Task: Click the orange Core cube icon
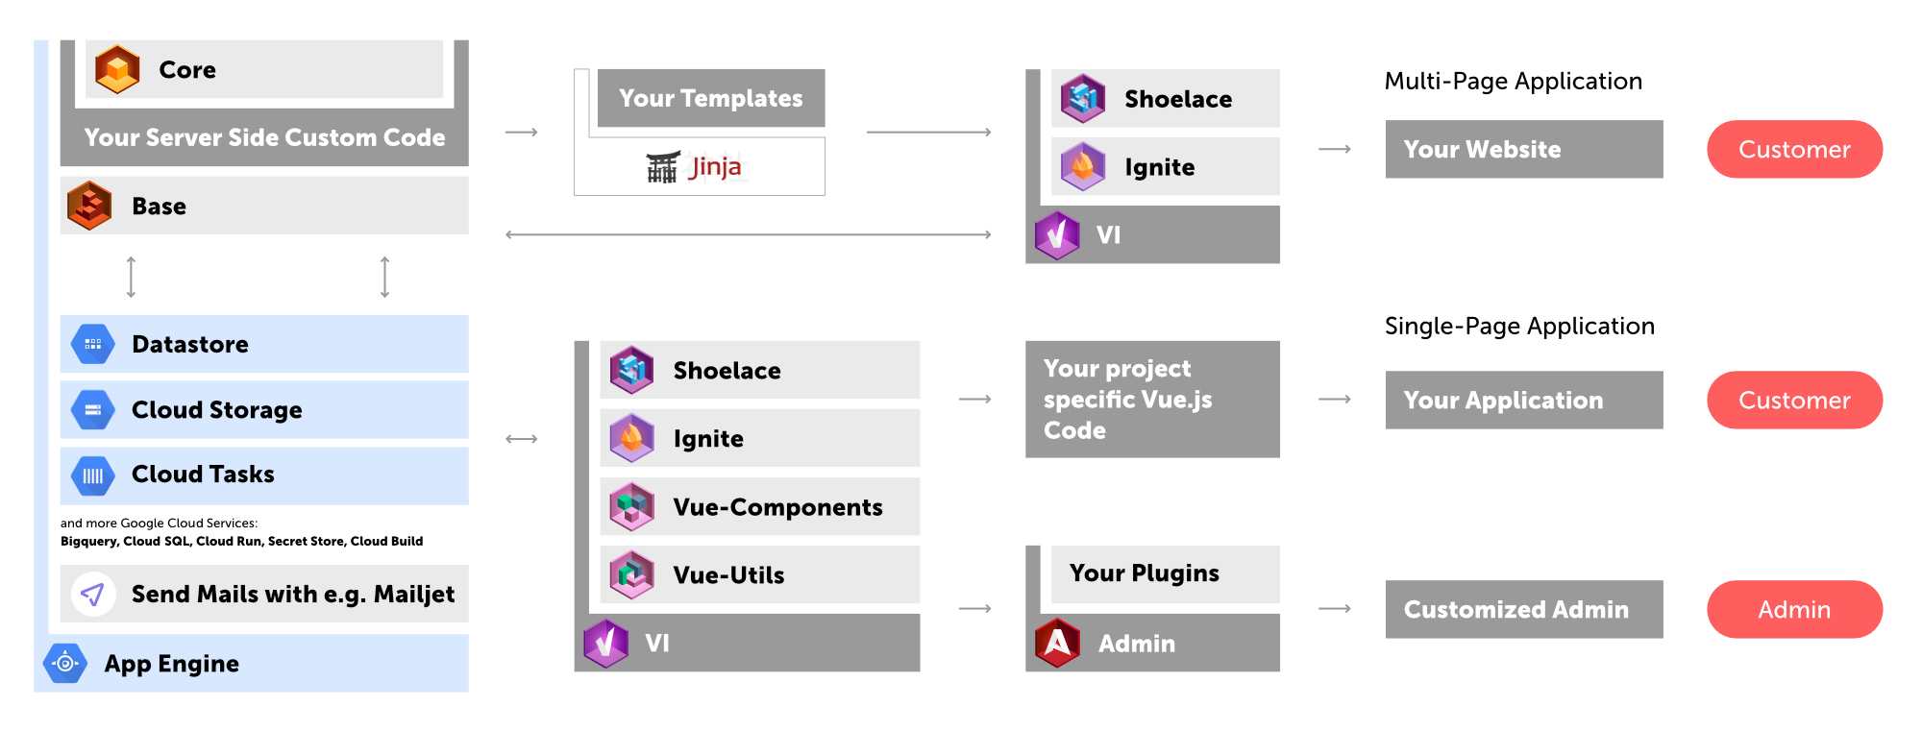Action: point(118,69)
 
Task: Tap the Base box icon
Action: point(89,206)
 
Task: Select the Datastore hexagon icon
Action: point(93,344)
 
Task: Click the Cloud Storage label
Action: point(217,410)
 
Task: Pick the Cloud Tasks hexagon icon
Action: point(93,475)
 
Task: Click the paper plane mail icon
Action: point(93,595)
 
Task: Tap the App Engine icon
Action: point(65,663)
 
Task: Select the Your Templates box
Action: point(711,98)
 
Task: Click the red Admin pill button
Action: point(1794,609)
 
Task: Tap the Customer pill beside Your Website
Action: point(1794,149)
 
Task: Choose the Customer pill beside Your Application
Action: point(1794,400)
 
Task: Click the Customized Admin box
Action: point(1524,609)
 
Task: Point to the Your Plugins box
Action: point(1166,574)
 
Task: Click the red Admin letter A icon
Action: point(1058,643)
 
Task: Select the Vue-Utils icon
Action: point(632,574)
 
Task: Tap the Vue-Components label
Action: point(778,507)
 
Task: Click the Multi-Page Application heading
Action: point(1514,82)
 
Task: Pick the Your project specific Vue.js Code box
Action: point(1152,399)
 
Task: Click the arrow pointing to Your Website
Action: point(1335,149)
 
